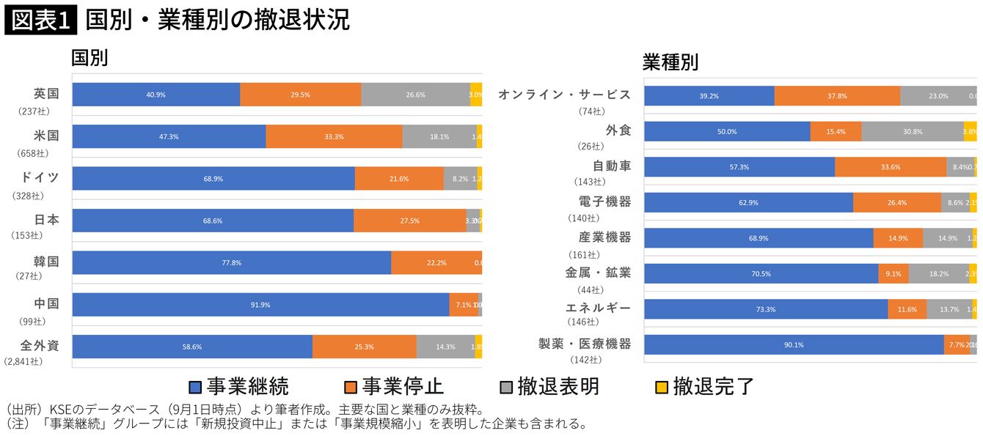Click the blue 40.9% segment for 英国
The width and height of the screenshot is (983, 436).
pos(156,95)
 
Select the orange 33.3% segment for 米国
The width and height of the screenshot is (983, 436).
pos(334,136)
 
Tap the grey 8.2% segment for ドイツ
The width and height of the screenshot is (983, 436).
pos(460,179)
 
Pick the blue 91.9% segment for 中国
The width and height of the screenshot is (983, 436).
pos(260,305)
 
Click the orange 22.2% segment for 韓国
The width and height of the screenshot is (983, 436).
pos(436,263)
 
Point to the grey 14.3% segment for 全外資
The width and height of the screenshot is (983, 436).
pos(445,347)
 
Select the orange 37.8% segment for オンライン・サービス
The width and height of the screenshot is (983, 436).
pos(837,96)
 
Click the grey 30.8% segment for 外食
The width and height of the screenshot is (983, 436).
pos(912,131)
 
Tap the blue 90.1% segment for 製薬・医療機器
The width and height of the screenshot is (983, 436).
pos(794,344)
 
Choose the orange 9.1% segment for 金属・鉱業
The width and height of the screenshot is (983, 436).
pos(893,273)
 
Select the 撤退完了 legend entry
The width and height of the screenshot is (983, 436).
pos(704,386)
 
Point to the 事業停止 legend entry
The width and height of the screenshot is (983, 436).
pos(393,386)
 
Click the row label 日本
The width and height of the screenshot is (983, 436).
pos(46,220)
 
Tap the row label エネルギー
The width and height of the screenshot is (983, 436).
pos(598,308)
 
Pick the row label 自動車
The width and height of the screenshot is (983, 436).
pos(612,166)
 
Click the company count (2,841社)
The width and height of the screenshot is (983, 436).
pos(23,361)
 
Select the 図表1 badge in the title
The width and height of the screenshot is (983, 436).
pos(40,21)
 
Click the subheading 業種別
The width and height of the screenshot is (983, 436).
pos(670,62)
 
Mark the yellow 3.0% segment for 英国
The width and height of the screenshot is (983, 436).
pos(476,95)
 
